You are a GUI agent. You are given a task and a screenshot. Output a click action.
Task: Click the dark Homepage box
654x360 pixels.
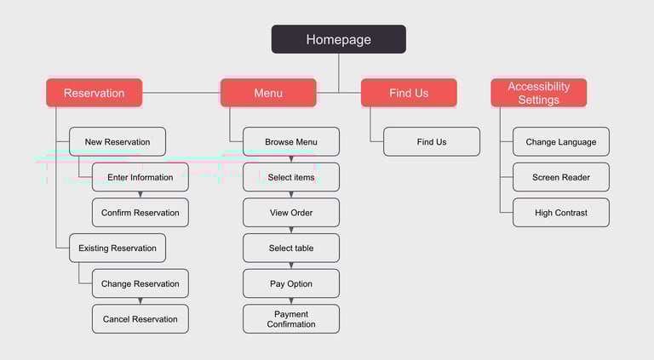point(338,39)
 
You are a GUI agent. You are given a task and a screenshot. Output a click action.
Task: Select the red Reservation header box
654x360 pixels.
point(94,93)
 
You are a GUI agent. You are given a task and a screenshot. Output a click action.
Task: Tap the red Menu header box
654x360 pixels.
point(268,93)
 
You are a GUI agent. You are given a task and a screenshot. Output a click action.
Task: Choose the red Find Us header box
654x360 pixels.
point(409,93)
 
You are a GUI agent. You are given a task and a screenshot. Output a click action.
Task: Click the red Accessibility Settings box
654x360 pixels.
point(538,93)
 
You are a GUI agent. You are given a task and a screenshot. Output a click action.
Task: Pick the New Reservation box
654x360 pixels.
point(118,142)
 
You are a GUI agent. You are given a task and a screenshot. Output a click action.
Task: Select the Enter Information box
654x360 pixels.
point(141,177)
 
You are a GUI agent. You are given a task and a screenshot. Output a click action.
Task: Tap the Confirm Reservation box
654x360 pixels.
point(141,213)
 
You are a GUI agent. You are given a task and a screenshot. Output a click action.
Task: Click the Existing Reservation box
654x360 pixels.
point(118,249)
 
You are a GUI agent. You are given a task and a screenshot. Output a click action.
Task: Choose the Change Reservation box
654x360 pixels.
point(141,283)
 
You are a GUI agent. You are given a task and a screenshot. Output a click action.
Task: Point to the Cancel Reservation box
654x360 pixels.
point(141,319)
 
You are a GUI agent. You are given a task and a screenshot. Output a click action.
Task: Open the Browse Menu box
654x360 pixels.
point(291,142)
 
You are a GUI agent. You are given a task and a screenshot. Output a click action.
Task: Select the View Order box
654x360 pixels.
point(291,213)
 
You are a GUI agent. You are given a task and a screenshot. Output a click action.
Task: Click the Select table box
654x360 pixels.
point(291,249)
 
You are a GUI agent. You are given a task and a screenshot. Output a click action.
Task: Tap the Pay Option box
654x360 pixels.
point(291,283)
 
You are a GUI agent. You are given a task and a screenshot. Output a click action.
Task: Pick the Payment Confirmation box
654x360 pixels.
point(291,319)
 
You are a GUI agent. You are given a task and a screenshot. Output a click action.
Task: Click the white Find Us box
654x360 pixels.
point(432,142)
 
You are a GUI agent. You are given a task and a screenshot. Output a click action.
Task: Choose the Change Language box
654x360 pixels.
point(561,142)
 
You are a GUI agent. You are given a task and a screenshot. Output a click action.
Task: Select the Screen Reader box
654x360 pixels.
point(561,177)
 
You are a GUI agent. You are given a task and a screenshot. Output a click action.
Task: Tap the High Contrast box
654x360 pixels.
point(561,213)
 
